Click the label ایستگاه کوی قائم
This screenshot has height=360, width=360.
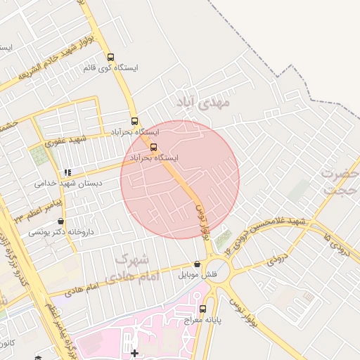pyautogui.click(x=110, y=68)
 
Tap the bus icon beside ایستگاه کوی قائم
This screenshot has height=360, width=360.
pyautogui.click(x=110, y=57)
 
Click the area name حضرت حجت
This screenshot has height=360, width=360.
pyautogui.click(x=340, y=181)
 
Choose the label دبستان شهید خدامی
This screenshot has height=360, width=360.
pyautogui.click(x=68, y=183)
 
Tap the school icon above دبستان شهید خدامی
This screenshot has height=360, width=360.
pyautogui.click(x=67, y=172)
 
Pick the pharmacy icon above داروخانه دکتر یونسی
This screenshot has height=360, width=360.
pyautogui.click(x=61, y=221)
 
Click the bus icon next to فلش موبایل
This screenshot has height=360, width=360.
pyautogui.click(x=196, y=264)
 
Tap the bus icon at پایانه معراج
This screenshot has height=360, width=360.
pyautogui.click(x=202, y=309)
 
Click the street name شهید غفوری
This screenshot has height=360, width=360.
pyautogui.click(x=65, y=141)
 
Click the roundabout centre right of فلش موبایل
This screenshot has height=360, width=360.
pyautogui.click(x=219, y=272)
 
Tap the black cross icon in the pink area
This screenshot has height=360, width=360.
pyautogui.click(x=134, y=352)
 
